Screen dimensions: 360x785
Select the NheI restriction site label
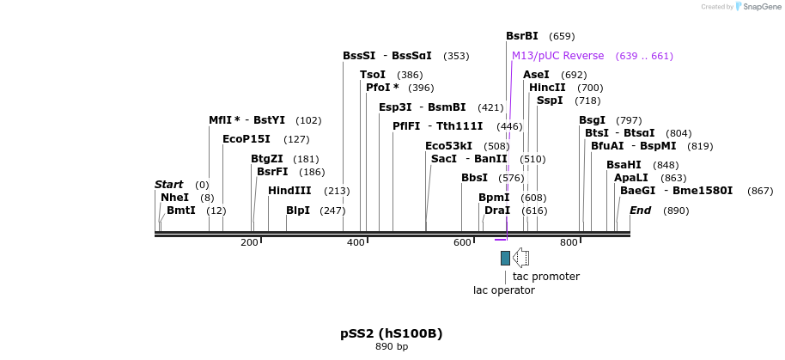pyautogui.click(x=174, y=198)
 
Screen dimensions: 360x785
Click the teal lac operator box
pyautogui.click(x=505, y=258)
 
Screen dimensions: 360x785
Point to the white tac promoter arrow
pyautogui.click(x=520, y=258)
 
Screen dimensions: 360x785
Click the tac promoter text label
pyautogui.click(x=545, y=277)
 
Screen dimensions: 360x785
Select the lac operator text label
pyautogui.click(x=504, y=290)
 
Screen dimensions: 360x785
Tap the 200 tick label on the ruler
pyautogui.click(x=249, y=243)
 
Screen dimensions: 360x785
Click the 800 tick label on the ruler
pyautogui.click(x=569, y=243)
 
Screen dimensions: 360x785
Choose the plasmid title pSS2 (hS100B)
pyautogui.click(x=392, y=333)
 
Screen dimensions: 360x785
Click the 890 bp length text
pyautogui.click(x=392, y=347)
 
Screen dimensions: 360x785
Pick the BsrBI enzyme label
pyautogui.click(x=522, y=36)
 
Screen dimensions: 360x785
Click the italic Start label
pyautogui.click(x=168, y=185)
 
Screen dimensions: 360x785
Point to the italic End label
pyautogui.click(x=641, y=211)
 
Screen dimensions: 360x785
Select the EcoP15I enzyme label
pyautogui.click(x=246, y=139)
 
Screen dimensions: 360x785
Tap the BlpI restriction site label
pyautogui.click(x=298, y=211)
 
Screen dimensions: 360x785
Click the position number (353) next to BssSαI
pyautogui.click(x=456, y=56)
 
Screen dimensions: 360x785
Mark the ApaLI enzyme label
pyautogui.click(x=631, y=178)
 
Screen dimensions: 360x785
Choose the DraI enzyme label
pyautogui.click(x=497, y=211)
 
